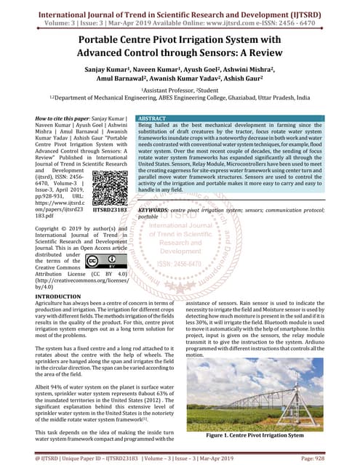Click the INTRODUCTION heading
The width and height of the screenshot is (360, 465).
pyautogui.click(x=63, y=297)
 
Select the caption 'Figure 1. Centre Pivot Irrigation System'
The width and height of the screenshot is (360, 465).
pyautogui.click(x=255, y=435)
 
